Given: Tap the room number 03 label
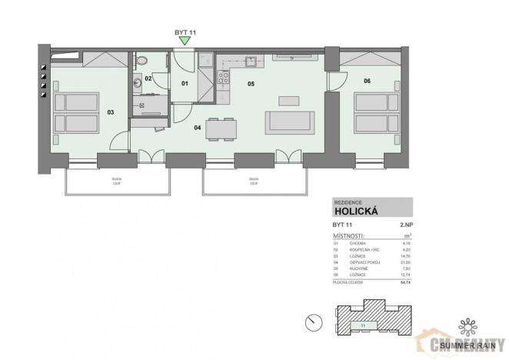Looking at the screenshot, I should tap(111, 112).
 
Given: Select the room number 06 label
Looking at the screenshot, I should tap(367, 81).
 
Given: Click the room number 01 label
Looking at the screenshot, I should tap(185, 82).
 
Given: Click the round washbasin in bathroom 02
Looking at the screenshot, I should tap(138, 81).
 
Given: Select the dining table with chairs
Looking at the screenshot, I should tap(221, 129).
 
